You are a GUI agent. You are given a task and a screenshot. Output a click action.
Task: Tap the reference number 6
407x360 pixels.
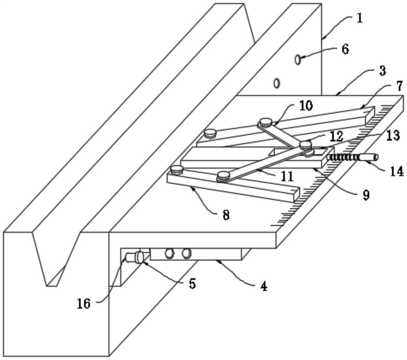pyautogui.click(x=345, y=49)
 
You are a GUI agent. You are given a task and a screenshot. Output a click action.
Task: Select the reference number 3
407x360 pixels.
pyautogui.click(x=382, y=71)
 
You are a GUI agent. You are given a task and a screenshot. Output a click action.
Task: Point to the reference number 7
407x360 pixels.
pyautogui.click(x=399, y=86)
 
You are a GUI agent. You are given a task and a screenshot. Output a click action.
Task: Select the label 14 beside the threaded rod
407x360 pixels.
pyautogui.click(x=396, y=171)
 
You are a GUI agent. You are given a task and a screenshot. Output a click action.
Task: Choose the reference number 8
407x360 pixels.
pyautogui.click(x=226, y=215)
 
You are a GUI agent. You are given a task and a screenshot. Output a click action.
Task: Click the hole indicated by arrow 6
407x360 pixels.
pyautogui.click(x=298, y=59)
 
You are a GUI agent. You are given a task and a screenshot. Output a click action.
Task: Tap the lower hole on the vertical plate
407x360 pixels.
pyautogui.click(x=277, y=83)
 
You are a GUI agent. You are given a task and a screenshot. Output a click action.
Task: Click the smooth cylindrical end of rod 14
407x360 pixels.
pyautogui.click(x=369, y=158)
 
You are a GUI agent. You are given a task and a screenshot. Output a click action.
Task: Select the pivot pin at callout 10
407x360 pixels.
pyautogui.click(x=265, y=121)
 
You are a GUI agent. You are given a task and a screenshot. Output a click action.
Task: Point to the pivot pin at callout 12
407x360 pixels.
pyautogui.click(x=306, y=145)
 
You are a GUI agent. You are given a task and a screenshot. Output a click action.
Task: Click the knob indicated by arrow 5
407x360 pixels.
pyautogui.click(x=139, y=257)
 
